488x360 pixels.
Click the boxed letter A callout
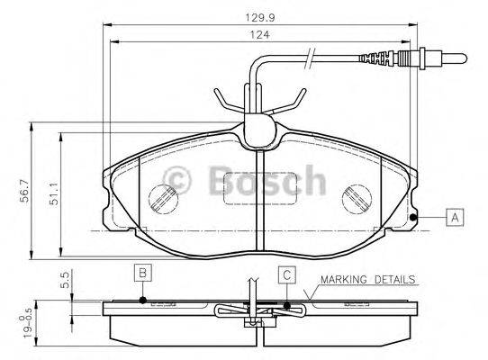(456, 217)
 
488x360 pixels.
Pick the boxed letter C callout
(285, 274)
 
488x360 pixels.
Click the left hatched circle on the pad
(163, 198)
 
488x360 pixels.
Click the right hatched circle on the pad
(361, 198)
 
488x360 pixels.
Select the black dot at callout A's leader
(412, 217)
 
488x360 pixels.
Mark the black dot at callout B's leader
(142, 301)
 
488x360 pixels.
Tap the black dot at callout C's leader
(287, 305)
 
